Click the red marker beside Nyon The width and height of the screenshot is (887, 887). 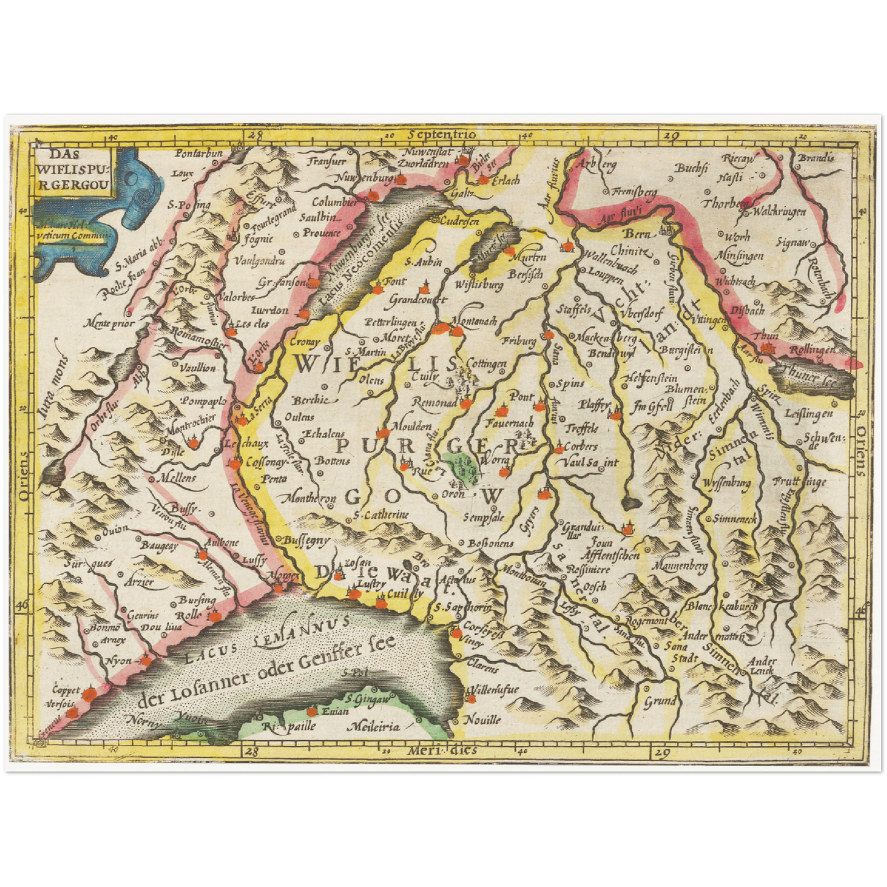(x=146, y=661)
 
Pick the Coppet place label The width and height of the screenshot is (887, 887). (x=66, y=689)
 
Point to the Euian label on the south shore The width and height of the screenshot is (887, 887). (x=335, y=711)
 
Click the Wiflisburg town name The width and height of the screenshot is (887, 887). (x=479, y=285)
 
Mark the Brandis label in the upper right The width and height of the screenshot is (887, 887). (x=816, y=158)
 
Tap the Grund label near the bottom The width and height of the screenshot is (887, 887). (x=660, y=700)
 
